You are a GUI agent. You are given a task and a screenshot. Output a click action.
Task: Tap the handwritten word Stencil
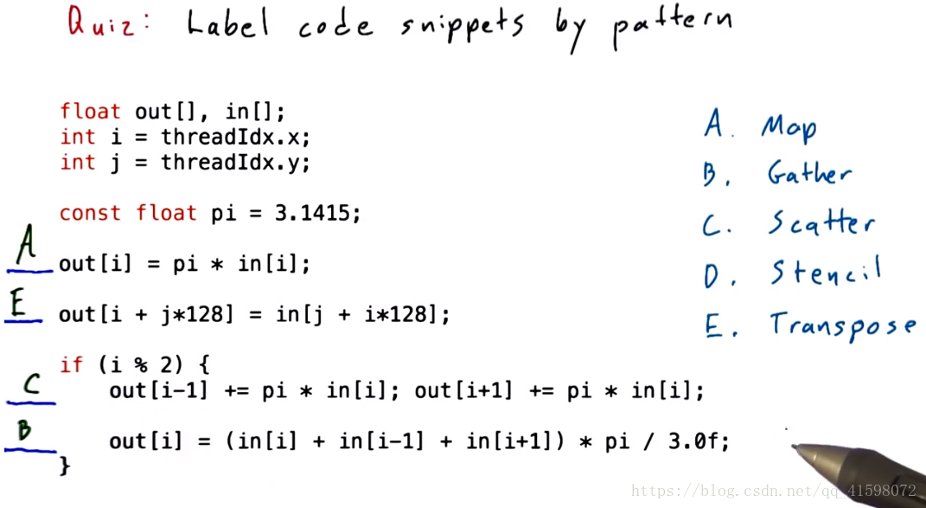826,273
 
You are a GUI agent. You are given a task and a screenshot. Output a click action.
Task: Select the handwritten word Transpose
842,326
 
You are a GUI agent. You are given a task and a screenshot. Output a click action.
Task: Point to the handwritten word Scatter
821,223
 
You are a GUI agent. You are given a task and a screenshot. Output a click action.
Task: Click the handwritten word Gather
809,174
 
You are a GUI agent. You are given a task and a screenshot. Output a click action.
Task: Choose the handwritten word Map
789,128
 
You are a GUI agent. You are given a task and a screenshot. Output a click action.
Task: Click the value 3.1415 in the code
318,213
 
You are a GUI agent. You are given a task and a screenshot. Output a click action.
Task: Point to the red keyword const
90,213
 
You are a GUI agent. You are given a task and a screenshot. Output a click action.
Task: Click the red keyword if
71,364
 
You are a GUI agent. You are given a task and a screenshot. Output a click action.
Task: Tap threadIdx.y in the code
235,162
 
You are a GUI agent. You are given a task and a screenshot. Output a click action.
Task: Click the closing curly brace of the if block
64,466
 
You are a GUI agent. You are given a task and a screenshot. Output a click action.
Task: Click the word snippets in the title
463,27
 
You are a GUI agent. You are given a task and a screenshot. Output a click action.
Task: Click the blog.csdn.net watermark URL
774,491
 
